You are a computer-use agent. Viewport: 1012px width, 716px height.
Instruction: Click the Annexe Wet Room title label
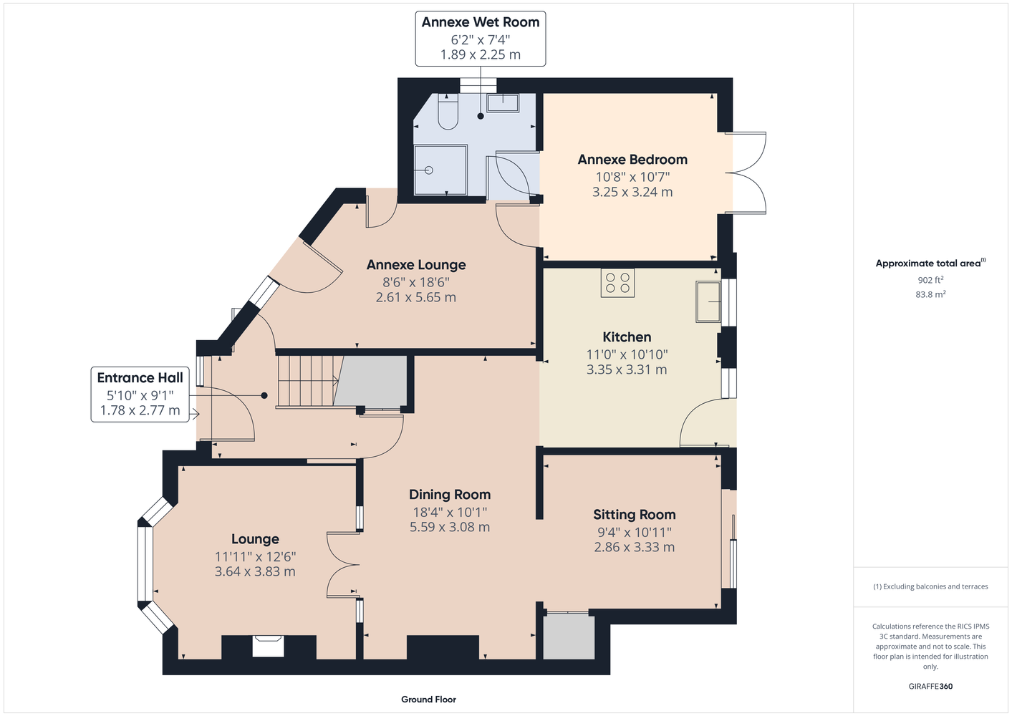point(481,22)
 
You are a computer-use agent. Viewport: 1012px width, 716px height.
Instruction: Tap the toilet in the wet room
point(448,112)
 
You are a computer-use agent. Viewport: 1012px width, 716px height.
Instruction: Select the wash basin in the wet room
point(503,103)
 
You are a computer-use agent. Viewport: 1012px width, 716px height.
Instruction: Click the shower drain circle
point(429,170)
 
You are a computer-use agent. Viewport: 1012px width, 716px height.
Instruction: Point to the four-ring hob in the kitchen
point(617,283)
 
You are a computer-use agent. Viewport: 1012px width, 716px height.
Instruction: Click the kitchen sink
point(708,301)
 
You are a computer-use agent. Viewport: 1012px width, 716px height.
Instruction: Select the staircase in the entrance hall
point(307,382)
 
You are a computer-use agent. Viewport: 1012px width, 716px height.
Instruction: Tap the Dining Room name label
point(450,495)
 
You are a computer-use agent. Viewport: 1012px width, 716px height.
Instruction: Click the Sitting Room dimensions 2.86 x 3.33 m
point(635,547)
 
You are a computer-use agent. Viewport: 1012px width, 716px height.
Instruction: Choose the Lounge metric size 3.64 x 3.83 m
point(255,571)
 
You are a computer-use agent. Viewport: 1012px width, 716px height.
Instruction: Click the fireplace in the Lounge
point(269,646)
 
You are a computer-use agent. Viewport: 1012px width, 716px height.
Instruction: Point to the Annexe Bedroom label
point(632,160)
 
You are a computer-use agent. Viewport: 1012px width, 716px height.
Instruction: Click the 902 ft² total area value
point(930,280)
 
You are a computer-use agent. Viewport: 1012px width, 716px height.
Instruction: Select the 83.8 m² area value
point(930,294)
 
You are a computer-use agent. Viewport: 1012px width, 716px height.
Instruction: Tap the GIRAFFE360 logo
point(930,686)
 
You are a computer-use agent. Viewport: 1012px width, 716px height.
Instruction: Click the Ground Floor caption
point(428,700)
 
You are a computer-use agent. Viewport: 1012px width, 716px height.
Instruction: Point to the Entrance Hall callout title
point(140,377)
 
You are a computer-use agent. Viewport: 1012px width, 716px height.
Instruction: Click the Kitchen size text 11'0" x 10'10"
point(627,354)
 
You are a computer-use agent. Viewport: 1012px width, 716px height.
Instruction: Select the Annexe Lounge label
point(416,265)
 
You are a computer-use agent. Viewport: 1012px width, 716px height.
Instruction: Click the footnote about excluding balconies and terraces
point(930,586)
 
